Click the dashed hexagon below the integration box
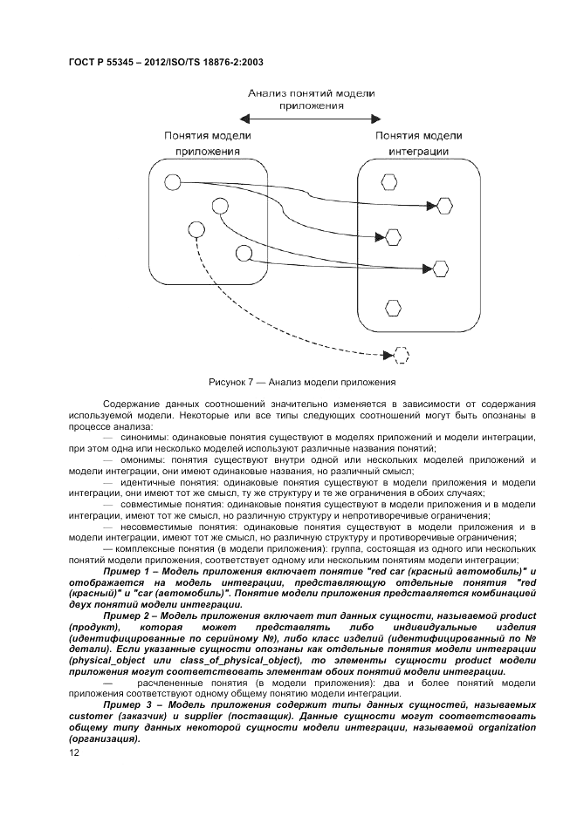(x=402, y=355)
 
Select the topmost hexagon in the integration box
(x=389, y=181)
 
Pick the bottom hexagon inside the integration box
(x=391, y=307)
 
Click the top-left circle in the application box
(x=173, y=183)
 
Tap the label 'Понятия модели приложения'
(x=207, y=143)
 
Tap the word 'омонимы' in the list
(x=143, y=459)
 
